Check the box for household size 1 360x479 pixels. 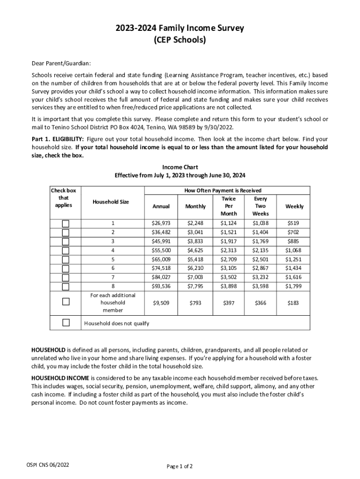pos(66,224)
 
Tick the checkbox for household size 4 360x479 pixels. pos(66,250)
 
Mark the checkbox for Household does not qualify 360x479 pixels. pos(66,322)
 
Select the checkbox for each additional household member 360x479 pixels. pos(66,302)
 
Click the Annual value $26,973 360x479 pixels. pos(161,224)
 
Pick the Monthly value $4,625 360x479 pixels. pos(195,250)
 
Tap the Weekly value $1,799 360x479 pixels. pos(295,286)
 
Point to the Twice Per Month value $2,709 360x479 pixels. pos(229,259)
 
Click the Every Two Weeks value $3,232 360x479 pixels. pos(260,277)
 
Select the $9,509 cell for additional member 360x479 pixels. pos(161,303)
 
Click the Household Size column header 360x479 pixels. pos(110,202)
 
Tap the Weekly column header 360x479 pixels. pos(295,206)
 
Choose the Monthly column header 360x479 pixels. pos(195,206)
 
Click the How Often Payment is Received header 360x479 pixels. pos(223,190)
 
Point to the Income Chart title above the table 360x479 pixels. pos(180,167)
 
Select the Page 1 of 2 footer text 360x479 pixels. pos(180,466)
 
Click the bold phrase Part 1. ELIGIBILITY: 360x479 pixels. pos(58,139)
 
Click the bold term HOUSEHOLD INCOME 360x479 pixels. pos(60,377)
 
